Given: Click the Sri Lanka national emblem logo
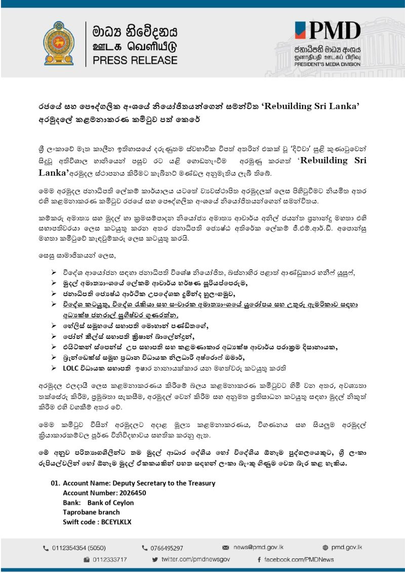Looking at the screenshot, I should pos(59,43).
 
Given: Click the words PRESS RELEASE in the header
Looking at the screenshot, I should pos(135,60).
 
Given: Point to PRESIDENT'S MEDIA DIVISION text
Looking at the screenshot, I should pos(328,64).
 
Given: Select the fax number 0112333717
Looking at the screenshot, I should pos(109,559).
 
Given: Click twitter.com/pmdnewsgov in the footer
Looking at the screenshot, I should pos(195,559).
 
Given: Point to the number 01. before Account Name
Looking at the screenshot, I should pos(55,483).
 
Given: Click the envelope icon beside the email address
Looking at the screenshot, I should pos(226,548).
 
